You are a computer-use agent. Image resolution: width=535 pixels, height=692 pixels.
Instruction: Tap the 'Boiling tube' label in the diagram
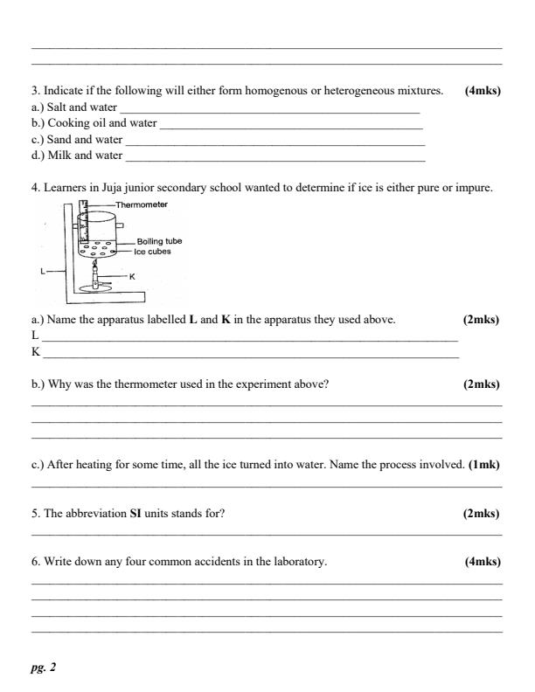click(159, 241)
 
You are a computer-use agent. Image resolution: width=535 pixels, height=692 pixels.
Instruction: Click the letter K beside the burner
click(131, 275)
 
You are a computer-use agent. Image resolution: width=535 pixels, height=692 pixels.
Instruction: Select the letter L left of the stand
click(43, 271)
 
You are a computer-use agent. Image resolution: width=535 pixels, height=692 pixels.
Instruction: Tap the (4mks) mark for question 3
click(483, 90)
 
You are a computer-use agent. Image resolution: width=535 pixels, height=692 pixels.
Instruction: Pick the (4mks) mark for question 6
click(483, 562)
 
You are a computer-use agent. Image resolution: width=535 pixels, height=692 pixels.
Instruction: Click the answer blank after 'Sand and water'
click(274, 141)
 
